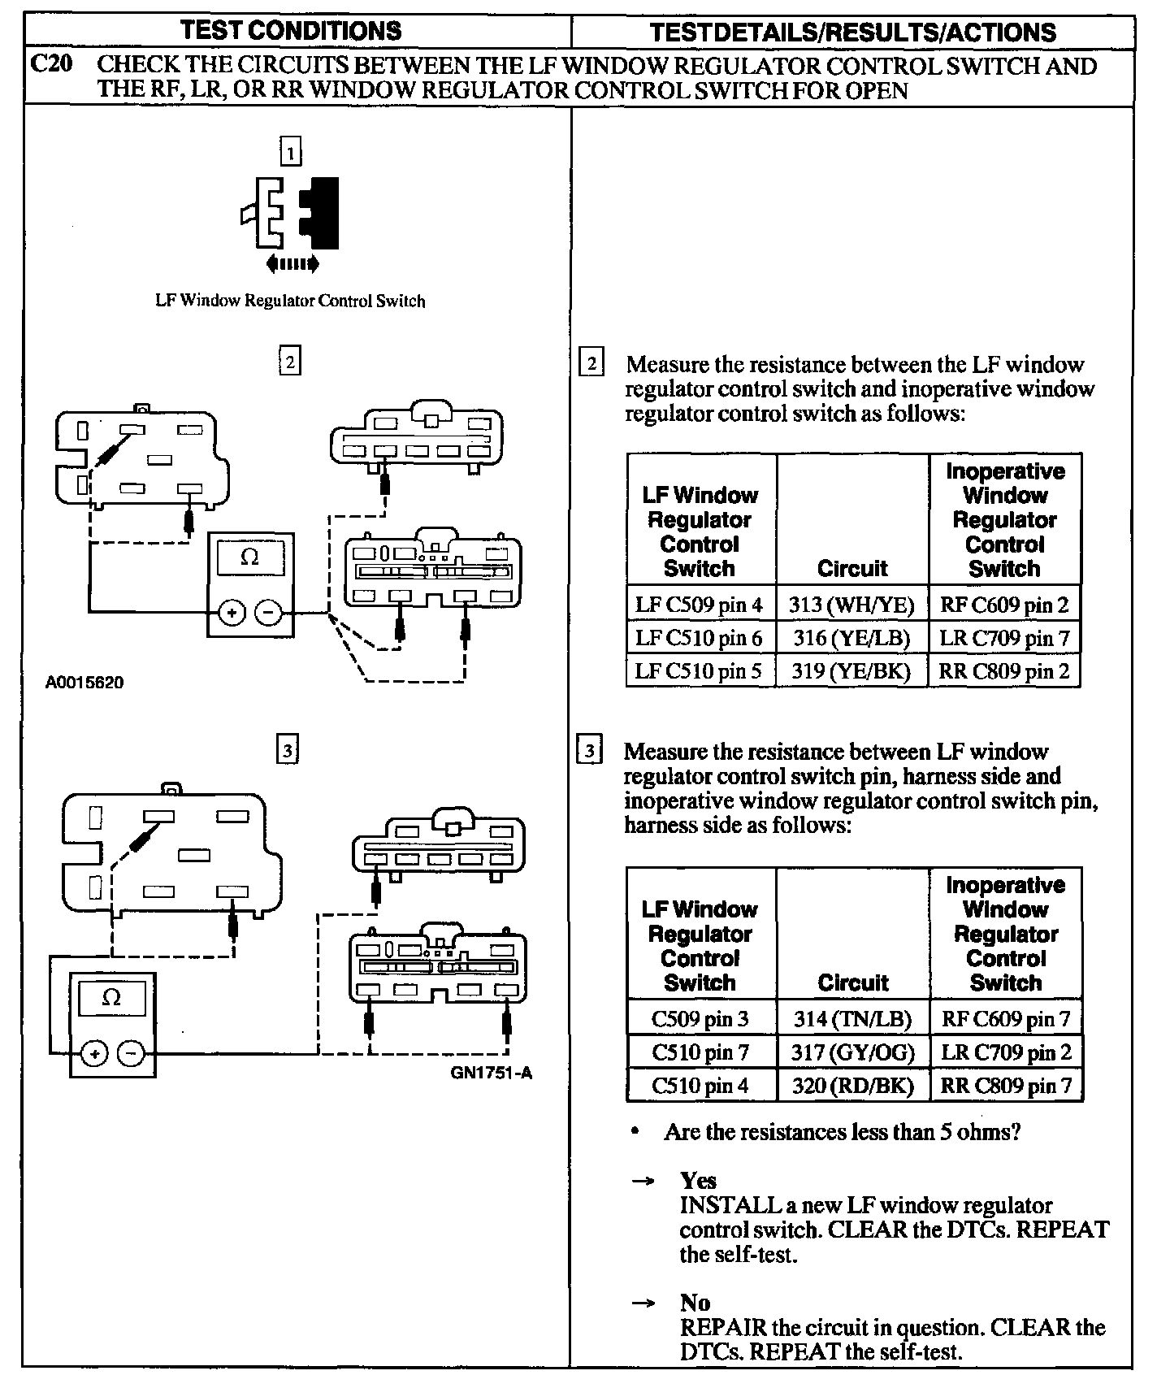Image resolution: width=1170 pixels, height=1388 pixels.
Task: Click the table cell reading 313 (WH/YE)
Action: pyautogui.click(x=851, y=605)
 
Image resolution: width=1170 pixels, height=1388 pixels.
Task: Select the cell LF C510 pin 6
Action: pyautogui.click(x=699, y=638)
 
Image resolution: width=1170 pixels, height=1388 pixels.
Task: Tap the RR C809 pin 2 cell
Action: pyautogui.click(x=1004, y=671)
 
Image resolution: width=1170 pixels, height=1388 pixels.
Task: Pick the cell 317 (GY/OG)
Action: pyautogui.click(x=852, y=1052)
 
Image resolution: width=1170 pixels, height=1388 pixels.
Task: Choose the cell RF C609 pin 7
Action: pyautogui.click(x=1006, y=1019)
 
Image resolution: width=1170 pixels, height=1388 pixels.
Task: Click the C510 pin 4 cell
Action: pyautogui.click(x=700, y=1086)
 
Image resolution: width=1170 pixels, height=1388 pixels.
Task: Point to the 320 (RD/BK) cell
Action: pyautogui.click(x=852, y=1086)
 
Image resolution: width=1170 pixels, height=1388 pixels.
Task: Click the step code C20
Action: pyautogui.click(x=51, y=65)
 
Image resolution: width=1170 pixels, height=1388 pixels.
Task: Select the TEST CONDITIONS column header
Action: pyautogui.click(x=291, y=31)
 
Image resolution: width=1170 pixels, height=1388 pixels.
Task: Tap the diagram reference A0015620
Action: pyautogui.click(x=84, y=683)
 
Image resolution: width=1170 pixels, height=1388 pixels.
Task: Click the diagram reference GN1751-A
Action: pyautogui.click(x=492, y=1073)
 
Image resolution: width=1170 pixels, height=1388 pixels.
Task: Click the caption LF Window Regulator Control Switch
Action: pyautogui.click(x=290, y=301)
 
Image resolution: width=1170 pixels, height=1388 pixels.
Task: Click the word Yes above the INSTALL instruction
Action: pyautogui.click(x=698, y=1180)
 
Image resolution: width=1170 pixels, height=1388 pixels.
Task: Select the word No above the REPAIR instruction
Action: pyautogui.click(x=695, y=1303)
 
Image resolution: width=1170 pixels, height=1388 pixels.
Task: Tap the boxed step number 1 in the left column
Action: pyautogui.click(x=290, y=152)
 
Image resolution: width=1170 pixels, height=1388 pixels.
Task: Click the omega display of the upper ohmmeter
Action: pyautogui.click(x=249, y=557)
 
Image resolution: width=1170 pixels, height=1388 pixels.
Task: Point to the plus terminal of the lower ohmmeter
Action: pyautogui.click(x=94, y=1055)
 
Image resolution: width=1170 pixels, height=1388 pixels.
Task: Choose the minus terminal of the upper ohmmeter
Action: pyautogui.click(x=269, y=613)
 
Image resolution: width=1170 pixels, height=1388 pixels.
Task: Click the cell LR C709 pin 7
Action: pyautogui.click(x=1004, y=638)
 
